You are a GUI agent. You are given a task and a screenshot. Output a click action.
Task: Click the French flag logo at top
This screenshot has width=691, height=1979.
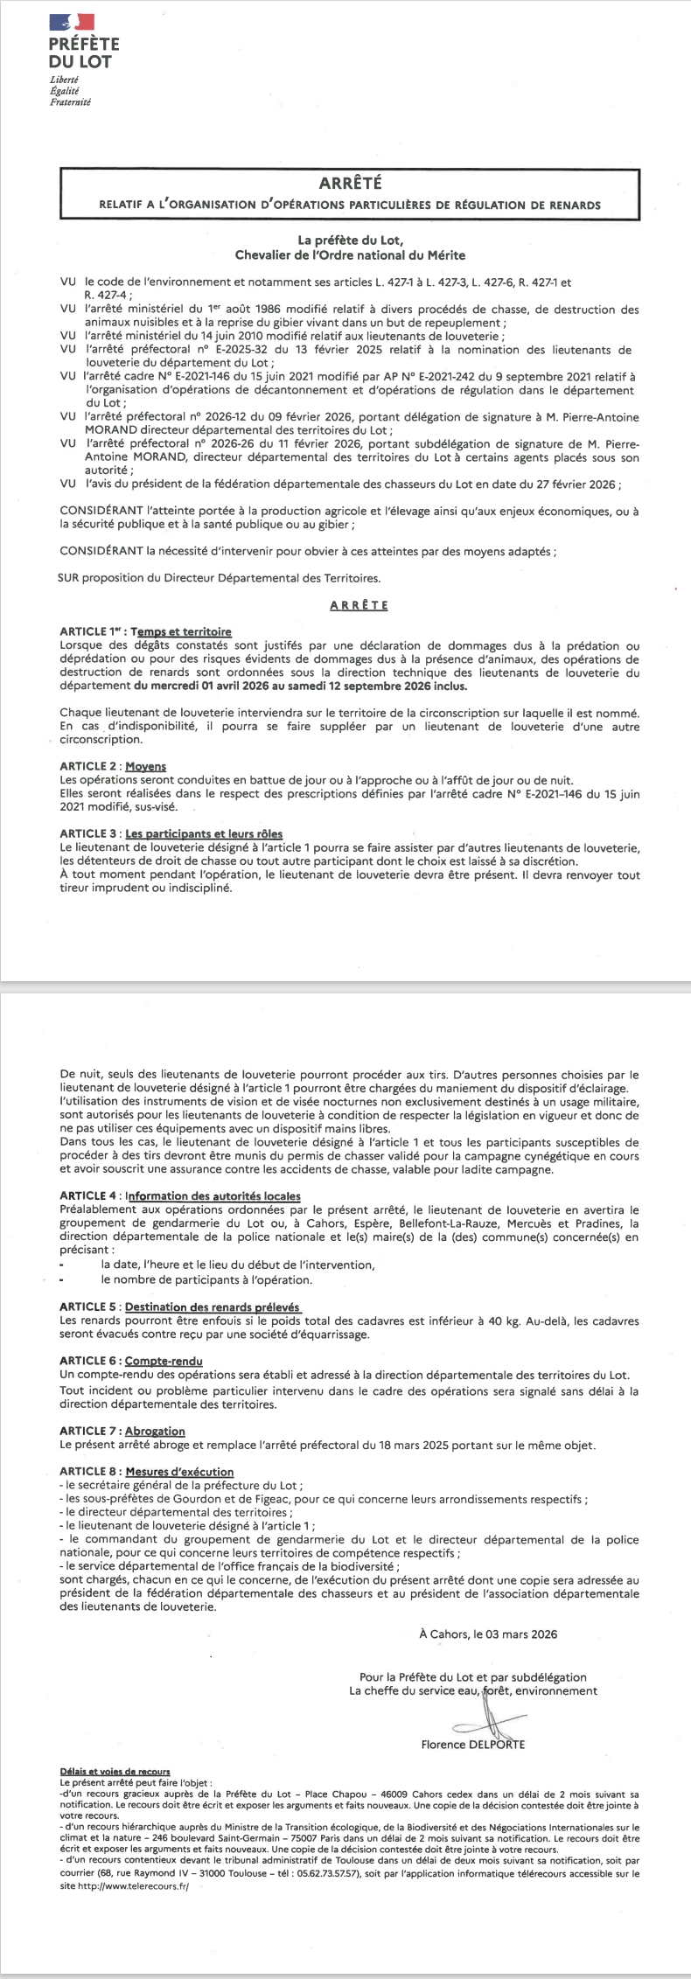tap(71, 22)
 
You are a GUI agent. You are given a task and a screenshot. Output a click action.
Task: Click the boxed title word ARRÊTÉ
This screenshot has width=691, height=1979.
tap(350, 183)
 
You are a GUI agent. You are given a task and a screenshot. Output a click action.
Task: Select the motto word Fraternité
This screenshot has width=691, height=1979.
tap(70, 102)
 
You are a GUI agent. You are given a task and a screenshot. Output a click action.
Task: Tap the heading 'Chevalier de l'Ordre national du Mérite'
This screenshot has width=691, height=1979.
tap(350, 255)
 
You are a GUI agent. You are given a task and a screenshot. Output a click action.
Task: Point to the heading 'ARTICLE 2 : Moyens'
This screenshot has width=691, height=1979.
tap(113, 766)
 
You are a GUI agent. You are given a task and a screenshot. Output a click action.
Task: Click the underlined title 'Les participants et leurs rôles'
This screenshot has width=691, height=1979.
tap(204, 833)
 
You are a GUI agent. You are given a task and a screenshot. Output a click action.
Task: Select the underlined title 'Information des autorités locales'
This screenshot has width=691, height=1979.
tap(213, 1195)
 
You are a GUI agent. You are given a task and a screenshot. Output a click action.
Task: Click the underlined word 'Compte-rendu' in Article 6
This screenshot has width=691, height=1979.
tap(164, 1361)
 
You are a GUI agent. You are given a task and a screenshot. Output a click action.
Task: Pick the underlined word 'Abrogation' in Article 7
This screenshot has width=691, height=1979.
tap(155, 1431)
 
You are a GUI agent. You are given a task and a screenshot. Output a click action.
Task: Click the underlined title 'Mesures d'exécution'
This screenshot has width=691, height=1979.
tap(179, 1472)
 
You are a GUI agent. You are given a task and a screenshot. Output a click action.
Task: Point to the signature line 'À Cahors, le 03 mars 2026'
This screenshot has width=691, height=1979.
tap(487, 1633)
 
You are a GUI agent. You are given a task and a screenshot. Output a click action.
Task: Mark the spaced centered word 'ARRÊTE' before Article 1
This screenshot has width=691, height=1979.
tap(359, 605)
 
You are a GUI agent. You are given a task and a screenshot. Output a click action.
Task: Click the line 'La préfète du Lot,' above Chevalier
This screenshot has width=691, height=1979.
tap(350, 240)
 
